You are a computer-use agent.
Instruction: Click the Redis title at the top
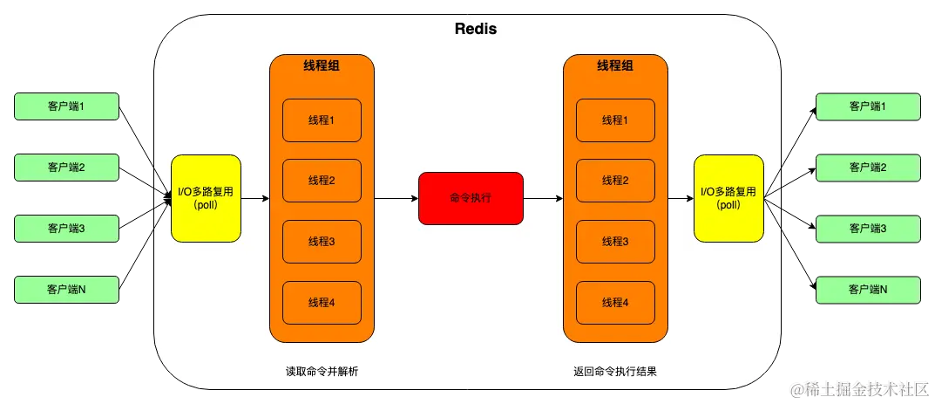476,29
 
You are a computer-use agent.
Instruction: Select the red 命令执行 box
471,198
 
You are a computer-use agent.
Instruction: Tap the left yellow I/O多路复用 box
206,198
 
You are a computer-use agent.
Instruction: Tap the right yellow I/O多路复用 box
728,198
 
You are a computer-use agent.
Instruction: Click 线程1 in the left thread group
322,120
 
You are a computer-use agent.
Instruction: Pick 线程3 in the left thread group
322,242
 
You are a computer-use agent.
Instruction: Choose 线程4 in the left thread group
322,302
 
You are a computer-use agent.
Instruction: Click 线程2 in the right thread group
615,181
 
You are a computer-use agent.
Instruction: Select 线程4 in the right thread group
615,302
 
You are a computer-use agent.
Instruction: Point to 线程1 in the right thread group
615,120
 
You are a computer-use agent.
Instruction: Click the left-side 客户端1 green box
66,106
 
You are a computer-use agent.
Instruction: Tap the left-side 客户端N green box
66,289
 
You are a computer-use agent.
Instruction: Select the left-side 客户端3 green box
66,228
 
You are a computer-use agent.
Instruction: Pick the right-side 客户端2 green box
867,167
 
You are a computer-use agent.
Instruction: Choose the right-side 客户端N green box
867,289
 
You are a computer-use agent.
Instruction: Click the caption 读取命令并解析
322,371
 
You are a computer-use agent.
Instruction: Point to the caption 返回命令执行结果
615,371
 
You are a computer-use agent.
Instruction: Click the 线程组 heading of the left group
322,67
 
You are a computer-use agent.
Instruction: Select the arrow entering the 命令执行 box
397,199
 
